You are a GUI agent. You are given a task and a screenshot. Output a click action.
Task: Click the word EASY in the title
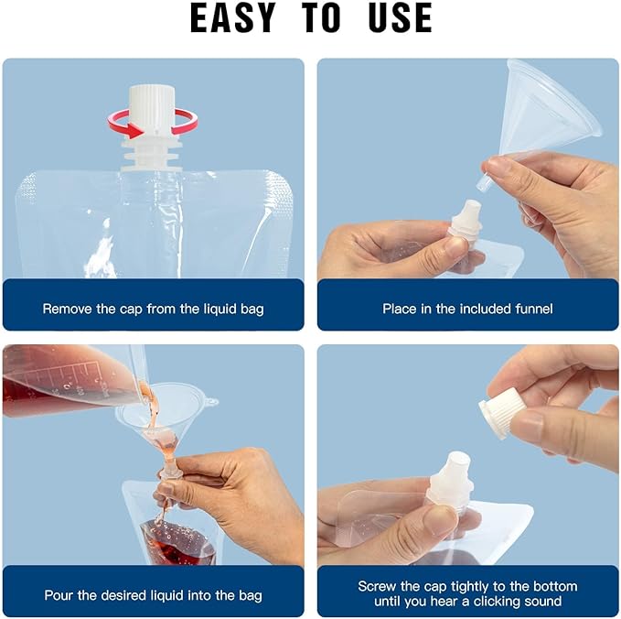click(233, 17)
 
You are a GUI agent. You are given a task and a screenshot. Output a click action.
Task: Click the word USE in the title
click(400, 17)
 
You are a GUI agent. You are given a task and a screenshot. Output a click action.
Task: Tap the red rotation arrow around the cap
click(153, 124)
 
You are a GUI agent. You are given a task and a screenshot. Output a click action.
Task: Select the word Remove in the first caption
click(68, 309)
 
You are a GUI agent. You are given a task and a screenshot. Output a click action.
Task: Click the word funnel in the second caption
click(534, 309)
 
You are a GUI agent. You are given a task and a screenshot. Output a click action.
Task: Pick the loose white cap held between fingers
click(499, 412)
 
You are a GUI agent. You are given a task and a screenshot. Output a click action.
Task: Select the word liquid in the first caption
click(221, 309)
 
